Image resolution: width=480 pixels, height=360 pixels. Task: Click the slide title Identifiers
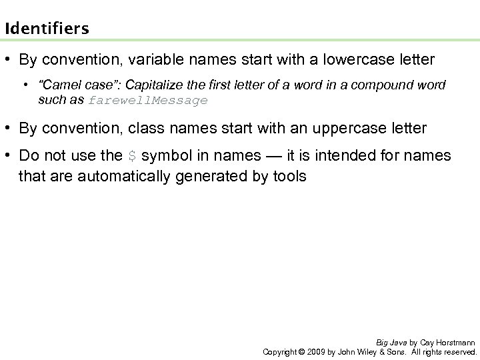point(46,29)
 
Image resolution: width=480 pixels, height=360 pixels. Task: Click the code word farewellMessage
point(148,101)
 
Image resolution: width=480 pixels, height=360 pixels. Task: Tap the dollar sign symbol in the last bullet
point(132,157)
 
